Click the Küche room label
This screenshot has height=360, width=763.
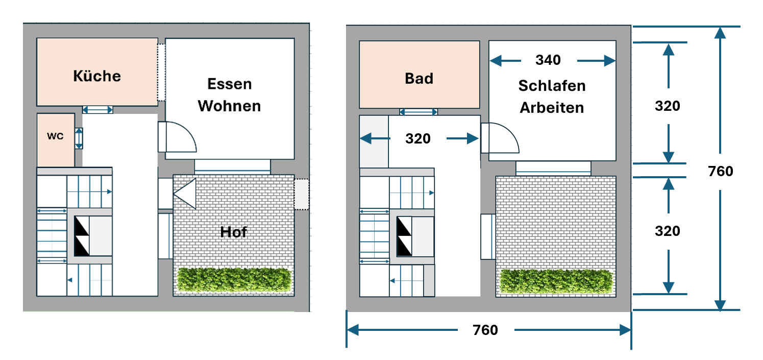97,76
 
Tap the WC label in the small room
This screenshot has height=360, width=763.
56,137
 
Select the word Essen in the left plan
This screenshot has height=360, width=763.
230,84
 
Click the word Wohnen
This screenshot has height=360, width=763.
230,106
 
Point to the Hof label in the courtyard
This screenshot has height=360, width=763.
233,232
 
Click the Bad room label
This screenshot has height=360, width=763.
419,78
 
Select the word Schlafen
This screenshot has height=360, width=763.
552,86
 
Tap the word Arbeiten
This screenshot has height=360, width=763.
552,108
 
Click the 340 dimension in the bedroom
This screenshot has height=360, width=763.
548,60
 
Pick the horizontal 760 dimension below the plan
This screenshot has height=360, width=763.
485,330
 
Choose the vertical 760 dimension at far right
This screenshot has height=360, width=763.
721,171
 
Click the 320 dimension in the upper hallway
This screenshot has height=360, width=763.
418,138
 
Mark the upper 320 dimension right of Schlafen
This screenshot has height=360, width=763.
668,106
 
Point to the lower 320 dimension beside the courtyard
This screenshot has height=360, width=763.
668,231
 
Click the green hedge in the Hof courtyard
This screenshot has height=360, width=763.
234,279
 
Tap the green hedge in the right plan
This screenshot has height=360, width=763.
556,281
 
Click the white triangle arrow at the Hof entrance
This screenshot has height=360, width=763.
185,194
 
